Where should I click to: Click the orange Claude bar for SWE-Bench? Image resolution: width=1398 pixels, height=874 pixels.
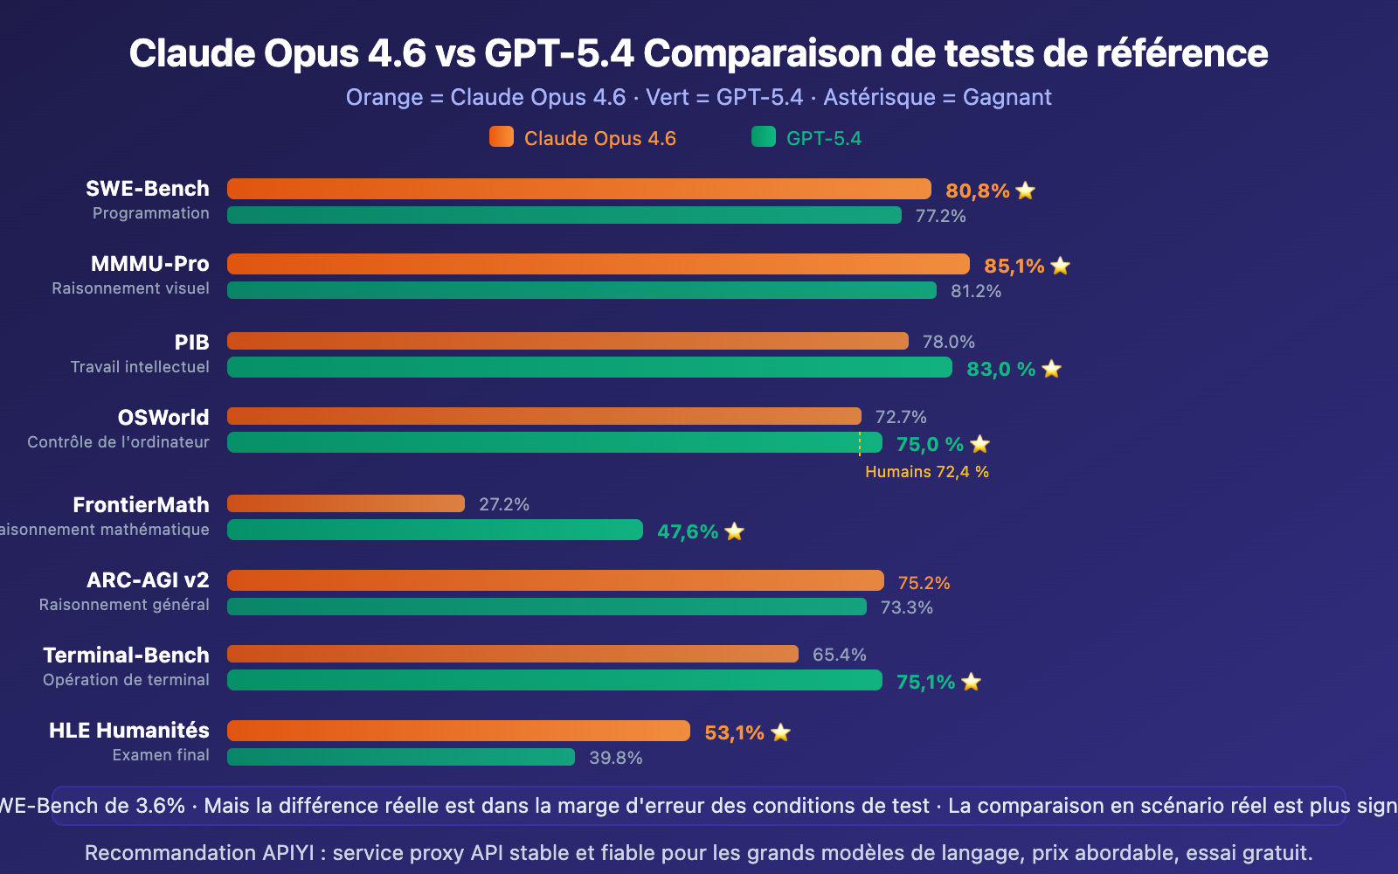[578, 189]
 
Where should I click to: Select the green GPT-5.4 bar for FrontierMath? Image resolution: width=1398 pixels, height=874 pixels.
[434, 530]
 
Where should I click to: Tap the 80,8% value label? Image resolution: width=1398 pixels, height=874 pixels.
[977, 191]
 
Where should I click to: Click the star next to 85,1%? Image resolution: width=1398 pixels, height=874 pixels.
[1060, 266]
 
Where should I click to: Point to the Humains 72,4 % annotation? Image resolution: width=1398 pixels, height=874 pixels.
[926, 472]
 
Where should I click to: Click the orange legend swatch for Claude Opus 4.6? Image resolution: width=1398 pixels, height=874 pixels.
[502, 137]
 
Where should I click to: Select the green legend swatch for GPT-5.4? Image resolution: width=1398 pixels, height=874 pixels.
[764, 137]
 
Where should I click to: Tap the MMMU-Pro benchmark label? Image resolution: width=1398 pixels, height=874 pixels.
[150, 264]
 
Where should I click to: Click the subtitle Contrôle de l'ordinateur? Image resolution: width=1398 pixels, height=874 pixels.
[118, 442]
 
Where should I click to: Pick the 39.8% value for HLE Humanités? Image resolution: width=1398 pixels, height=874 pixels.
[615, 758]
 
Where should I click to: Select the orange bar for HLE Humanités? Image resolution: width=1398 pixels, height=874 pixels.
[458, 731]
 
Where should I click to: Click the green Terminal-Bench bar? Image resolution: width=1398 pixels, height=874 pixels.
[554, 680]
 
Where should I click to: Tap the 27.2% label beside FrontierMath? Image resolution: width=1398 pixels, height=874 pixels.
[504, 504]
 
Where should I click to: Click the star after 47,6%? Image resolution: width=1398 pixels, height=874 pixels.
[734, 531]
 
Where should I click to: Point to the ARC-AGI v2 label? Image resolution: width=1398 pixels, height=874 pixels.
[148, 580]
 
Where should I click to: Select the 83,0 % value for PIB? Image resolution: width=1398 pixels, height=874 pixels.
[1000, 369]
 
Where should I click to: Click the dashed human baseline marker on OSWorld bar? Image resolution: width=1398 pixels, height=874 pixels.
[860, 443]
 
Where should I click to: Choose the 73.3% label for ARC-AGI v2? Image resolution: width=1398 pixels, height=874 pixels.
[906, 607]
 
